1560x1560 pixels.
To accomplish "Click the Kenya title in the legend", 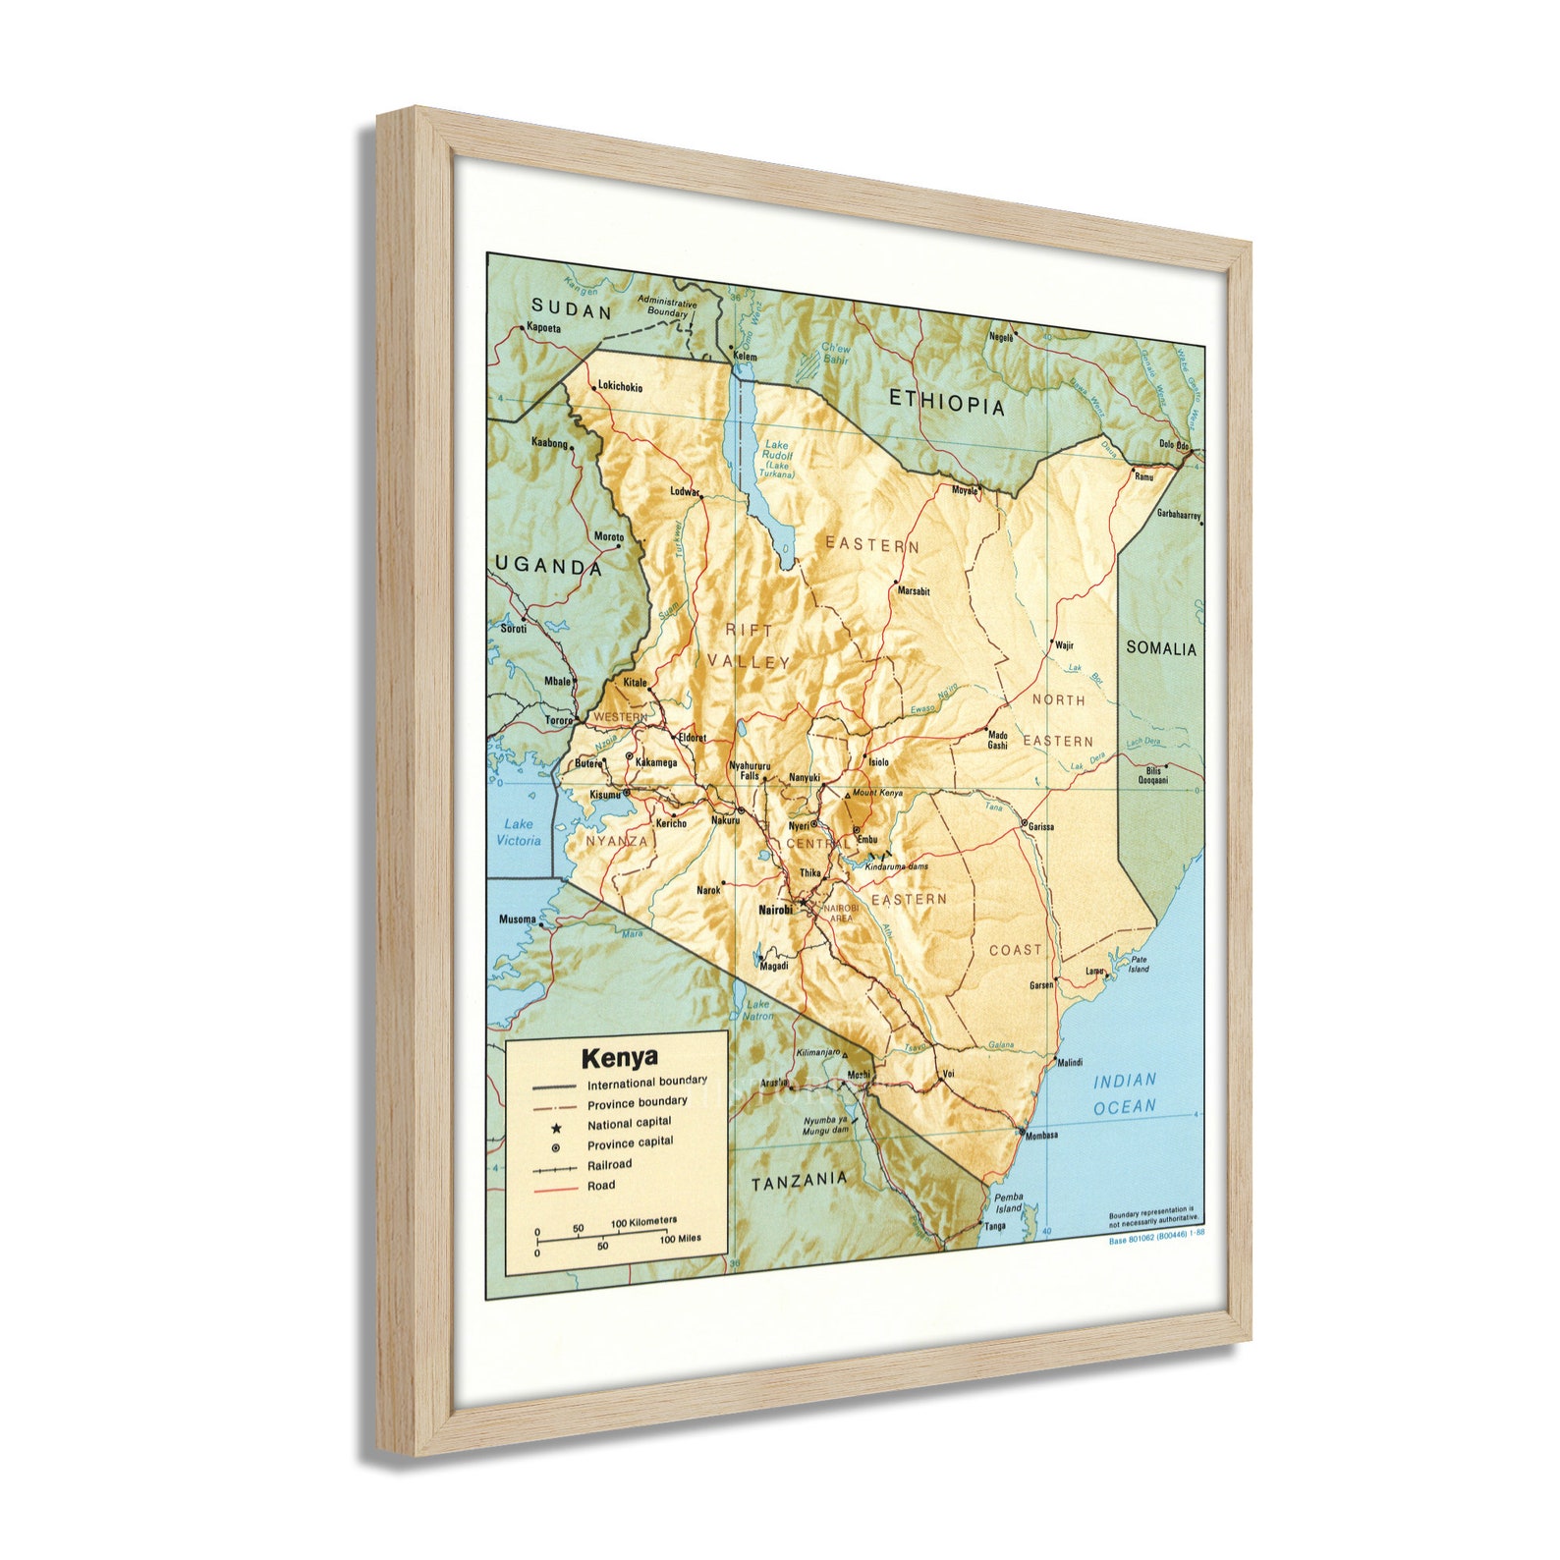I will point(619,1058).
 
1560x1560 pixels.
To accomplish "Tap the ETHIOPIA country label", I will point(947,402).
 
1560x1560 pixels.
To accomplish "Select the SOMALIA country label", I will point(1161,648).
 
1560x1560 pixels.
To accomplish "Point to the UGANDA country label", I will point(548,566).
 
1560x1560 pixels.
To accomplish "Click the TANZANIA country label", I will point(799,1182).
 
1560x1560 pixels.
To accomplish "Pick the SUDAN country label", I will point(572,310).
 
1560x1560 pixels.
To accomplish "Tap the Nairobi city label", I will point(775,910).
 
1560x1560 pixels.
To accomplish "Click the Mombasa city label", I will point(1040,1135).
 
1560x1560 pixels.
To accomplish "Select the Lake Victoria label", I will point(518,832).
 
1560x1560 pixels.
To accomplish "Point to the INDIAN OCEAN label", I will point(1125,1093).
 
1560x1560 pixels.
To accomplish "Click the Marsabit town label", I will point(913,591).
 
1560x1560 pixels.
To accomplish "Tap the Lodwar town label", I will point(684,491).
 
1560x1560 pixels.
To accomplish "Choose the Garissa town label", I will point(1040,827).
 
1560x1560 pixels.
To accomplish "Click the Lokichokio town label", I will point(620,387).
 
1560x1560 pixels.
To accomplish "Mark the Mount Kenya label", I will point(876,793).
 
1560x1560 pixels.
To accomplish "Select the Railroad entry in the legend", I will point(609,1165).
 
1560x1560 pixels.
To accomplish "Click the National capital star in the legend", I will point(556,1128).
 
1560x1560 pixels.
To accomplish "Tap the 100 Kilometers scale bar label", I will point(643,1222).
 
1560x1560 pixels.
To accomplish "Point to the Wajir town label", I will point(1064,645).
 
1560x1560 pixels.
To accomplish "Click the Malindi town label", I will point(1069,1062).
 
